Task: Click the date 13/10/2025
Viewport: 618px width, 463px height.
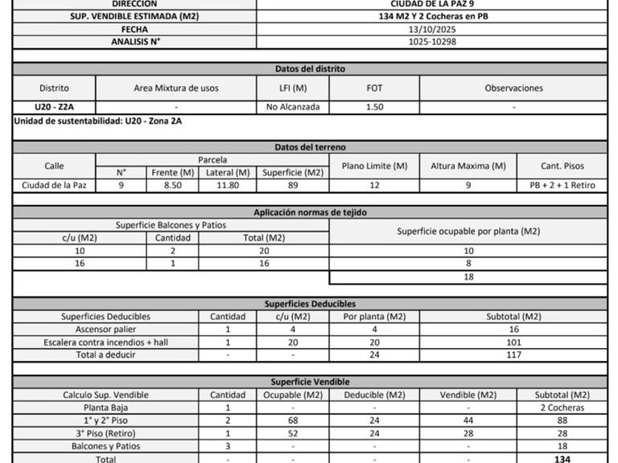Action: pos(432,29)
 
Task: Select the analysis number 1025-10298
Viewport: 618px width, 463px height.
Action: pos(432,41)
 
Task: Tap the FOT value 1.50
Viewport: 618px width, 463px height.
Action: pos(374,106)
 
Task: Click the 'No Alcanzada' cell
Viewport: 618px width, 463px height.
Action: pos(293,106)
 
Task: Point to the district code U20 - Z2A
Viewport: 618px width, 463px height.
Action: pos(54,106)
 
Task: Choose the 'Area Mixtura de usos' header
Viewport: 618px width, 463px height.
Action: pos(175,88)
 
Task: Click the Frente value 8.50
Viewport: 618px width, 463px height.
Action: pos(171,185)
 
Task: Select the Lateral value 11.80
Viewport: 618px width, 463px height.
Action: pos(226,185)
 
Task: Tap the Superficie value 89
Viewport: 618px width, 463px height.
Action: pos(292,185)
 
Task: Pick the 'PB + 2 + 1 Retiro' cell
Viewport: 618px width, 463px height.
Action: pos(562,185)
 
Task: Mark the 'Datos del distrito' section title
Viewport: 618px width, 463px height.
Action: pos(310,69)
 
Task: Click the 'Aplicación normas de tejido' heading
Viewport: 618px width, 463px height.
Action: pos(310,212)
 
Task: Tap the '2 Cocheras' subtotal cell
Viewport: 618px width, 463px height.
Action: pos(562,408)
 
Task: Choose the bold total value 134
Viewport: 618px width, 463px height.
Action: pos(562,459)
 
